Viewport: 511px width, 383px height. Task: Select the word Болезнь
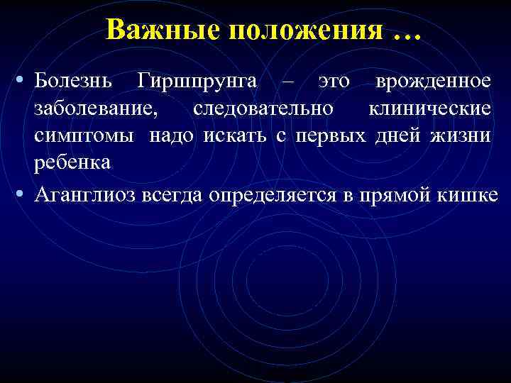(x=75, y=82)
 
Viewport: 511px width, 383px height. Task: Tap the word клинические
(x=429, y=109)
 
